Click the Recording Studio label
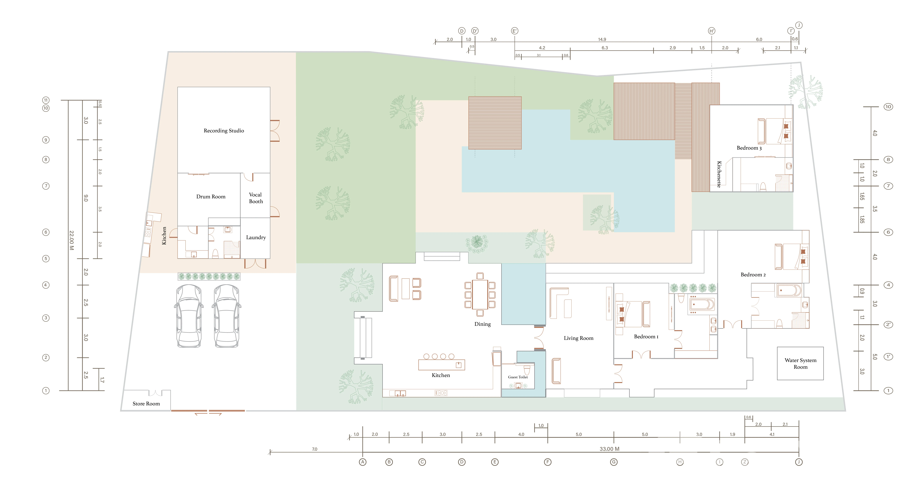[224, 131]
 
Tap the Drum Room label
[211, 196]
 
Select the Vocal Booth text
[256, 198]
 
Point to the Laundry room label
[256, 237]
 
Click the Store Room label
[146, 404]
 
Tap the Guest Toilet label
[518, 377]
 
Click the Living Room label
[579, 338]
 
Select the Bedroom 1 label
[646, 337]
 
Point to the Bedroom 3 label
[749, 148]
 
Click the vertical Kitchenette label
[719, 174]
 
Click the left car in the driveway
[189, 315]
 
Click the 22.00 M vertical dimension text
[72, 240]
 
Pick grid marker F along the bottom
[548, 462]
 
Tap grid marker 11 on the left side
[46, 100]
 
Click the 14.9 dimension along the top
[602, 39]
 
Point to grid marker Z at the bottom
[745, 462]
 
